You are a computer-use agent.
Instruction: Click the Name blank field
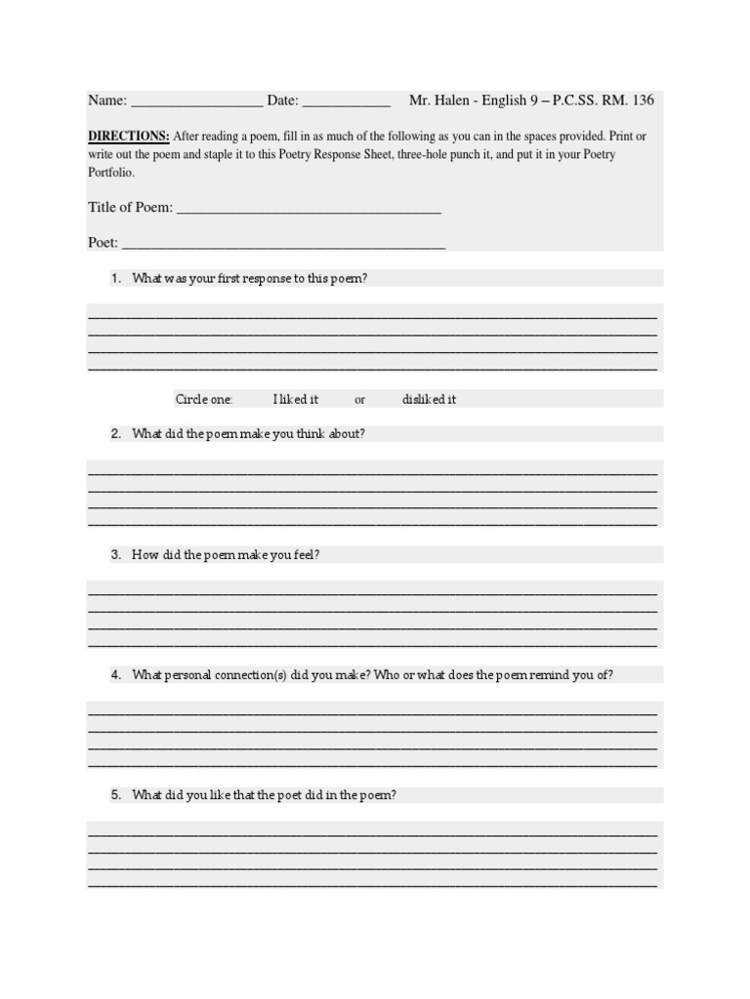point(196,102)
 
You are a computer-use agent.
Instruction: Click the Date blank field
point(346,102)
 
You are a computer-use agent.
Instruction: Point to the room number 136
point(643,100)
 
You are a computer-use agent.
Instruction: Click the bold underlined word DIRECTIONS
point(129,136)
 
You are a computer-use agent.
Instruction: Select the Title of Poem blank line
point(309,209)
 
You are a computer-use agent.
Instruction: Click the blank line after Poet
point(283,244)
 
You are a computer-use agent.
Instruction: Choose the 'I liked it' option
point(295,400)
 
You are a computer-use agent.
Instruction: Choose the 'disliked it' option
point(429,400)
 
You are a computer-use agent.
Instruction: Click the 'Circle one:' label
point(204,400)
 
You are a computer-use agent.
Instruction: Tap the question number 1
point(115,279)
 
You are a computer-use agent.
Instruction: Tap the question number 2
point(115,434)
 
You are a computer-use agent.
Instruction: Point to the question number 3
point(115,555)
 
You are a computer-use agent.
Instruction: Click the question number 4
point(115,675)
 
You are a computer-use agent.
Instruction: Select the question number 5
point(115,796)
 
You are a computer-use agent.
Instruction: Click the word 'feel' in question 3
point(305,555)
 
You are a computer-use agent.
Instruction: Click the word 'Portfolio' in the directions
point(111,173)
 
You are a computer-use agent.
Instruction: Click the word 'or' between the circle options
point(359,400)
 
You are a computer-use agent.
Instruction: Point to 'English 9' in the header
point(504,100)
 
